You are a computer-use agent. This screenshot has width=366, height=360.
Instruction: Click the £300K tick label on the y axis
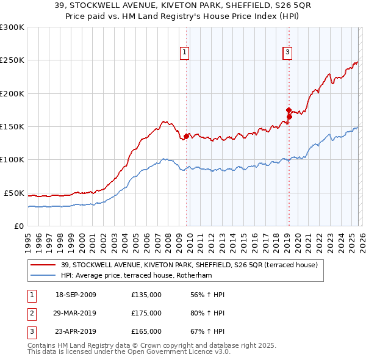point(12,27)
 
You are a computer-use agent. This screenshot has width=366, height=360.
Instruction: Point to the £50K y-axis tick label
point(14,193)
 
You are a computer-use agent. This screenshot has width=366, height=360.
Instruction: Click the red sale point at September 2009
point(186,136)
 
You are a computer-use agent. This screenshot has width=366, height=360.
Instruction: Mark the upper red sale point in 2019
point(289,110)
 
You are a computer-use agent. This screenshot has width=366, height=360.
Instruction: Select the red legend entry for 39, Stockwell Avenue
point(188,265)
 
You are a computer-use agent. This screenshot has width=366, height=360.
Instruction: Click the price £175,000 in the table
point(146,313)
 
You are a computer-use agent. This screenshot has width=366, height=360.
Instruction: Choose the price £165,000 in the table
point(146,331)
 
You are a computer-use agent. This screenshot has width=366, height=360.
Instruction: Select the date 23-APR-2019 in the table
point(75,331)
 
